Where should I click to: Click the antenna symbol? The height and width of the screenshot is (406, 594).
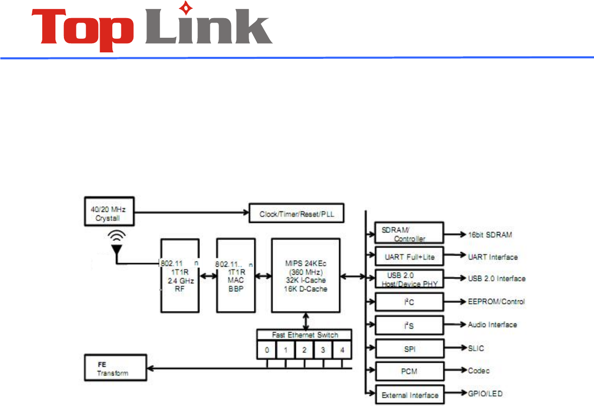(117, 244)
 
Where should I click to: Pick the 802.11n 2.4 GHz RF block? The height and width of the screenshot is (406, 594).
(179, 275)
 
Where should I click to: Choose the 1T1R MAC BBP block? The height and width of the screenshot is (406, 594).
(235, 275)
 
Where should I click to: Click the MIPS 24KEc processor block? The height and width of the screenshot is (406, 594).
(306, 275)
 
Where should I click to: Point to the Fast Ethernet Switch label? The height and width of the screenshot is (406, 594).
(305, 335)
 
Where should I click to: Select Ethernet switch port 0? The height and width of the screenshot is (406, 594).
(266, 349)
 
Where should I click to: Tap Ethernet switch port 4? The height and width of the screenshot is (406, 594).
(342, 349)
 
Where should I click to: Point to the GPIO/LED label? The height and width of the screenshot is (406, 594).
(484, 394)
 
